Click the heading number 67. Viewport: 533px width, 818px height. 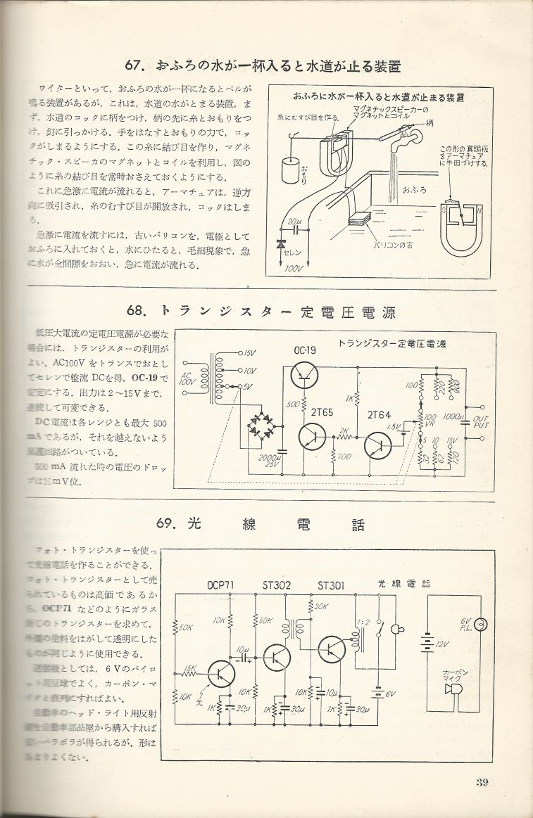tap(135, 68)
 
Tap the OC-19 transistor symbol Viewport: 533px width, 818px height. tap(306, 373)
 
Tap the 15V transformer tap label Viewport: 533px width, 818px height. tap(250, 352)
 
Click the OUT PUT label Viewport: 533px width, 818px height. tap(482, 421)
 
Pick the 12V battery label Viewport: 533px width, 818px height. tap(442, 645)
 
